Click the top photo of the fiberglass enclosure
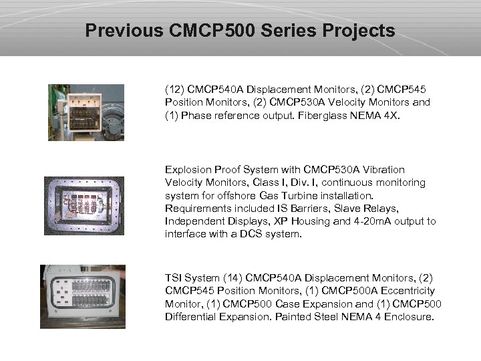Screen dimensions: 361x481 point(86,112)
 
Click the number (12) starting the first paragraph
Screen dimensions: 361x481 point(175,89)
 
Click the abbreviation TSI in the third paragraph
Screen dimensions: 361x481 point(174,278)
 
